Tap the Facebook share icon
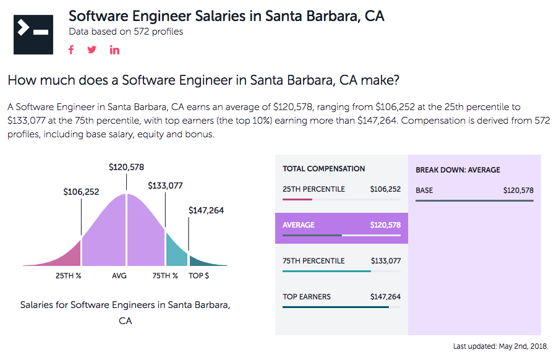click(x=71, y=50)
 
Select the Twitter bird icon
click(x=92, y=50)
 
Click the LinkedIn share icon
click(x=114, y=50)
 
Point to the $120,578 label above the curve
click(x=126, y=167)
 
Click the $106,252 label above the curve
click(x=81, y=192)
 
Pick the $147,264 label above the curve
click(x=206, y=210)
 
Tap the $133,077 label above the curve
click(x=165, y=186)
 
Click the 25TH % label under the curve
click(x=69, y=276)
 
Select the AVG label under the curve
click(x=119, y=276)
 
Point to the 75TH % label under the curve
click(x=165, y=276)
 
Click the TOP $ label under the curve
click(x=198, y=276)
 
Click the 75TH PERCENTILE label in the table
click(x=314, y=261)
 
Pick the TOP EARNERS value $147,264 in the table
click(x=385, y=297)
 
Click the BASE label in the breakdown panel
click(x=424, y=191)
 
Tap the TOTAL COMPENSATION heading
click(x=323, y=169)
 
